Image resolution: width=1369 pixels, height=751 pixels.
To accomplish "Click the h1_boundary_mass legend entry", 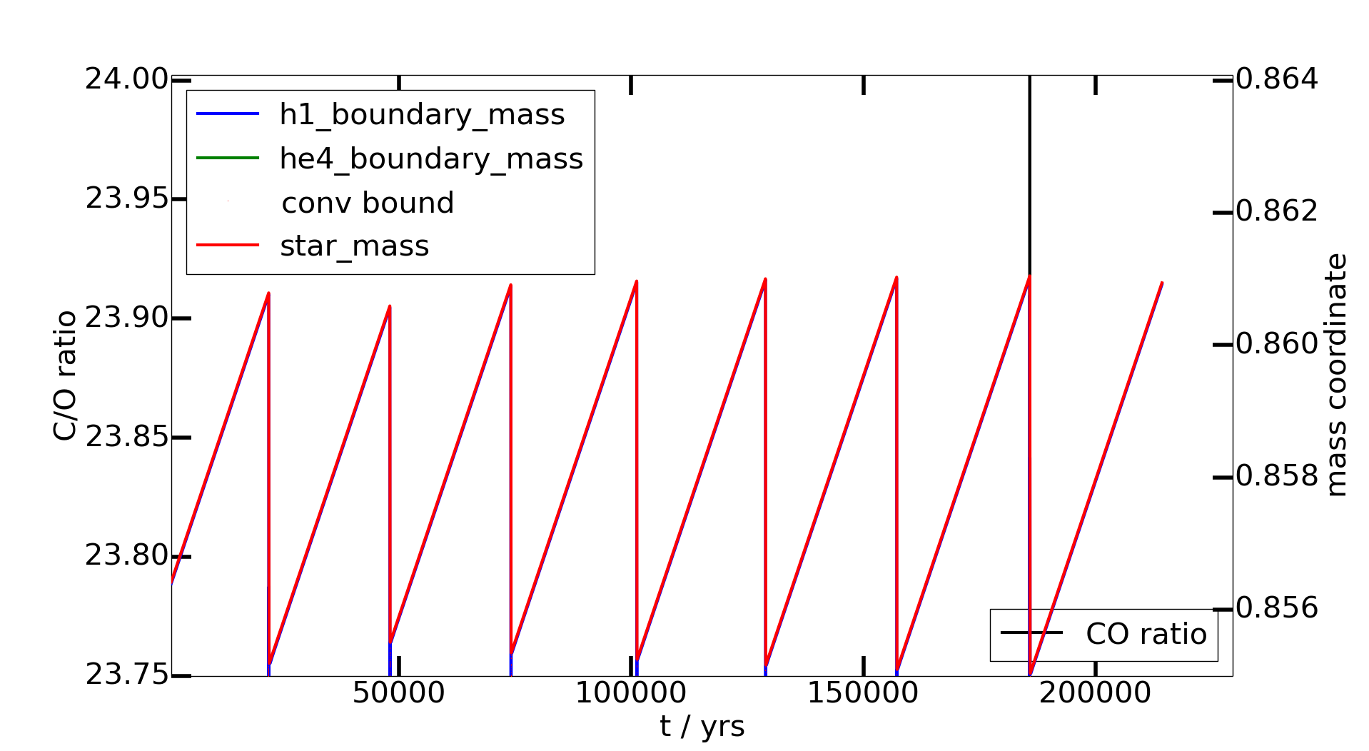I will click(x=422, y=115).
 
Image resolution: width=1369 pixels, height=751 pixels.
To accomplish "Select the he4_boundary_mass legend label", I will click(x=431, y=158).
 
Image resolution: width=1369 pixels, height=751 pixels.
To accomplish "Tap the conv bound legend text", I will click(x=368, y=203).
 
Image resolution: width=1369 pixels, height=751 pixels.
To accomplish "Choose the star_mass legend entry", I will click(x=354, y=246).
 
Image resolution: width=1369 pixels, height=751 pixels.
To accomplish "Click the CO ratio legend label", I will click(x=1146, y=634).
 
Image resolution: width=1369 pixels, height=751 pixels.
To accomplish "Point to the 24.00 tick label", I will click(x=126, y=79).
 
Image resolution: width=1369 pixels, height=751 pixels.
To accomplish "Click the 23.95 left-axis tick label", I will click(x=126, y=198).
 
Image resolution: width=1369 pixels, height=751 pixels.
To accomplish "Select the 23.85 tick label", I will click(x=126, y=437).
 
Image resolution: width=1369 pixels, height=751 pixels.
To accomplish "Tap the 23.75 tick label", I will click(x=126, y=675).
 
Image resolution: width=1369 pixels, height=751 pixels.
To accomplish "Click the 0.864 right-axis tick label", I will click(x=1276, y=79).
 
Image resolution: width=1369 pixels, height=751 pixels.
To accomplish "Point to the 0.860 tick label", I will click(x=1276, y=344).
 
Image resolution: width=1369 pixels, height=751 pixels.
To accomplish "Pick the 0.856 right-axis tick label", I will click(x=1276, y=608).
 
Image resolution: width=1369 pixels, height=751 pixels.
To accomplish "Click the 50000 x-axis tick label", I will click(x=398, y=693).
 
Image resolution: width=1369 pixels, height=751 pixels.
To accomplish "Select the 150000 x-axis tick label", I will click(x=862, y=693).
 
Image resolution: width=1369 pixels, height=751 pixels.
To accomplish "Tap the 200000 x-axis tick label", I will click(x=1095, y=693).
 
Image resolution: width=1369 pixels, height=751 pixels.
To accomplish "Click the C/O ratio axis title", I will click(x=65, y=375).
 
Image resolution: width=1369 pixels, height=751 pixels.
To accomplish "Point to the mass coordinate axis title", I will click(x=1335, y=375).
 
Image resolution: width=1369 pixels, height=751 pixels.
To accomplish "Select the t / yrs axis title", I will click(x=702, y=727).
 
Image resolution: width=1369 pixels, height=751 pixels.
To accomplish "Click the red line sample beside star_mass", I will click(x=228, y=246).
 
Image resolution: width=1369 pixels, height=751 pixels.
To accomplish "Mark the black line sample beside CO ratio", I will click(x=1031, y=633).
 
